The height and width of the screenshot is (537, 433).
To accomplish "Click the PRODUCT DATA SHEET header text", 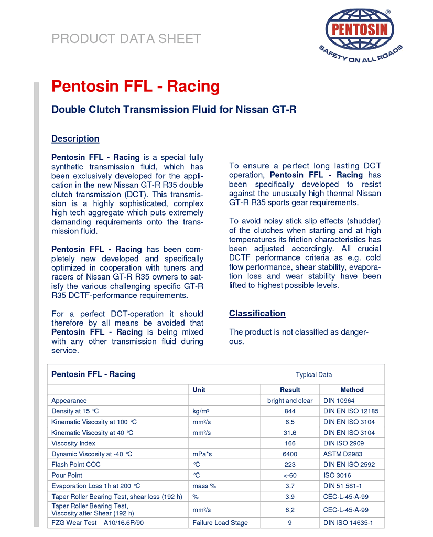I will click(126, 38).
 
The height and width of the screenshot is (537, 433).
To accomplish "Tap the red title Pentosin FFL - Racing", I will click(135, 86).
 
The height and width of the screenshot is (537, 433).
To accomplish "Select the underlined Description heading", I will click(75, 139).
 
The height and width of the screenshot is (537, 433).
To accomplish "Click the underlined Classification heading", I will click(257, 314).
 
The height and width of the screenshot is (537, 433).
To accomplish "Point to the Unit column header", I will click(199, 390).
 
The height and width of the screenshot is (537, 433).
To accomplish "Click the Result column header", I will click(290, 390).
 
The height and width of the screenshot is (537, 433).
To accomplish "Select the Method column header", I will click(352, 390).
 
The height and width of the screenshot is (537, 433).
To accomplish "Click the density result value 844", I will click(290, 411).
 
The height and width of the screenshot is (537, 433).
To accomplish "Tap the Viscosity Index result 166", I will click(290, 443).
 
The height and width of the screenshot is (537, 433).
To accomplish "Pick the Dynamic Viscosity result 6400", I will click(290, 454).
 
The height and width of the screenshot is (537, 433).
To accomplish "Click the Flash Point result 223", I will click(290, 465).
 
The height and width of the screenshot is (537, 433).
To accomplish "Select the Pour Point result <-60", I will click(290, 476).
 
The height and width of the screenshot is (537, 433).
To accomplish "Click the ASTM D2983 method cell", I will click(343, 454).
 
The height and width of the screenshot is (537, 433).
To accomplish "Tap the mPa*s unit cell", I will click(202, 454).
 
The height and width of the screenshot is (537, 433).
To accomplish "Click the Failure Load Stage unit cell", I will click(220, 523).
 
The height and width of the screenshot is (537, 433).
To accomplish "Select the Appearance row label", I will click(69, 401).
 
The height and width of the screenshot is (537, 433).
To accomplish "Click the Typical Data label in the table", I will click(313, 374).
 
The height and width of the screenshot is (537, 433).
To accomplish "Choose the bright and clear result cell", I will click(290, 401).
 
